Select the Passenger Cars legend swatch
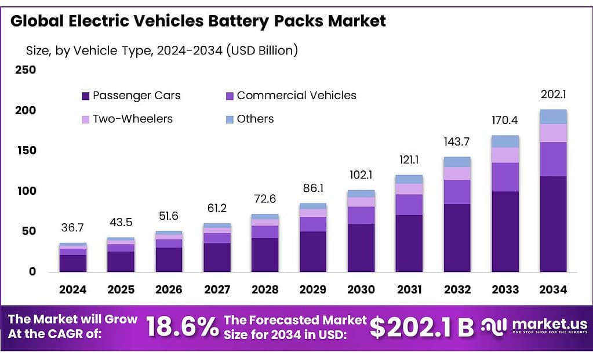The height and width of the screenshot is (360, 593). click(x=85, y=96)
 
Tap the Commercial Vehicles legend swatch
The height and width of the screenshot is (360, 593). click(x=230, y=96)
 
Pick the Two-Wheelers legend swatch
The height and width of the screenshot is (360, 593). click(x=85, y=119)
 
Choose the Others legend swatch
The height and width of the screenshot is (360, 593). click(x=230, y=119)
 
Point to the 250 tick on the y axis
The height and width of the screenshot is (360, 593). click(x=26, y=70)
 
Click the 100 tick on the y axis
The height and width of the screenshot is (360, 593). click(x=27, y=191)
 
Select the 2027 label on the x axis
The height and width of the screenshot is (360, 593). click(x=217, y=290)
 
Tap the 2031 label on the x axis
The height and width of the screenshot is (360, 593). click(x=409, y=290)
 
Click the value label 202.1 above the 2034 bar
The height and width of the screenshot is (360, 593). click(x=553, y=94)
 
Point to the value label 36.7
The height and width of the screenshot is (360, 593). click(x=72, y=228)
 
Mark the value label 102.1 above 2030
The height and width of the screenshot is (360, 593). click(x=361, y=174)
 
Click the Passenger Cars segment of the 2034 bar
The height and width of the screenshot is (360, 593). click(x=553, y=224)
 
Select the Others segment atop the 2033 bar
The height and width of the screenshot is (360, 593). click(x=505, y=141)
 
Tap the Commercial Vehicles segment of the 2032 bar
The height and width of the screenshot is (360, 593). click(x=457, y=192)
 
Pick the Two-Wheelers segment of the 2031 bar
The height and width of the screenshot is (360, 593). click(x=409, y=189)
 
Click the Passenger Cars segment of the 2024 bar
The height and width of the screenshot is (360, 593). click(x=73, y=264)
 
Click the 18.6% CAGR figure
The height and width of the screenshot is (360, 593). click(x=182, y=327)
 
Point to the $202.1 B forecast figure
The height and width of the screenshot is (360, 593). click(x=421, y=327)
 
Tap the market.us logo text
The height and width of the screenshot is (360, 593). click(x=550, y=324)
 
